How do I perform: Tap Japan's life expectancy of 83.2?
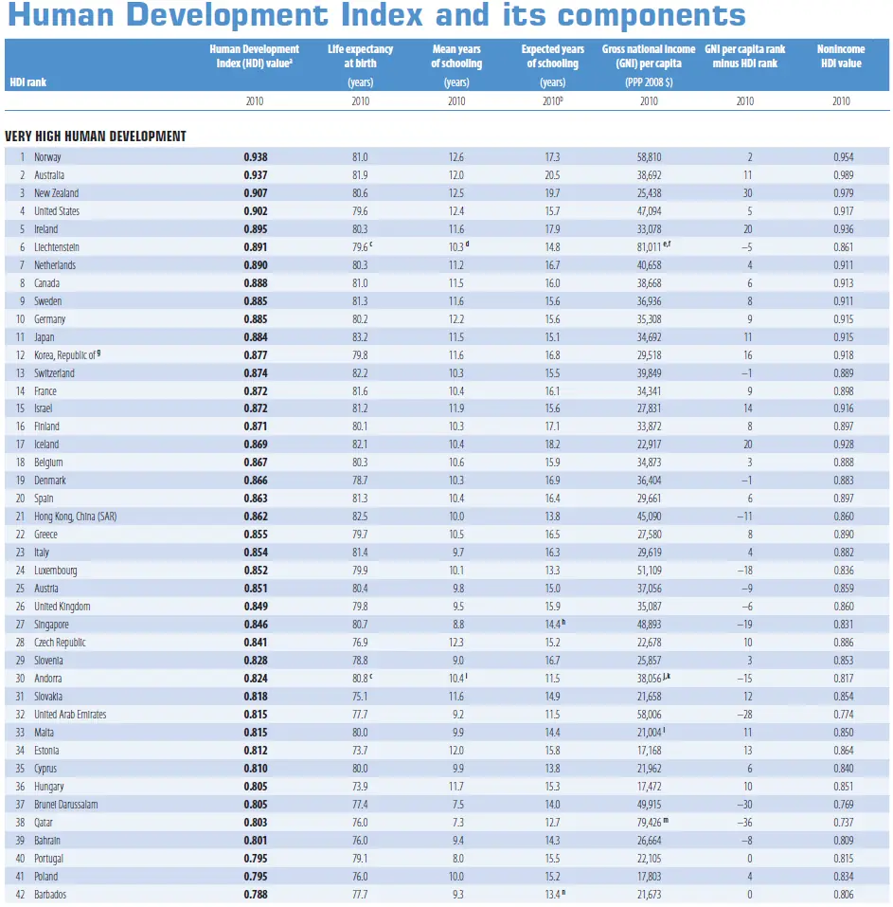[360, 336]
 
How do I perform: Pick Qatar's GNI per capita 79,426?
[647, 822]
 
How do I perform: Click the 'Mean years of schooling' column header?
[456, 56]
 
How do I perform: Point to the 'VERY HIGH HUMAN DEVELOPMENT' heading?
[96, 136]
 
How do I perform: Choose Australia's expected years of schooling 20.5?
[552, 174]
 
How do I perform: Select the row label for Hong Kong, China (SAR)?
[76, 517]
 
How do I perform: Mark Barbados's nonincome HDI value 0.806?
[840, 894]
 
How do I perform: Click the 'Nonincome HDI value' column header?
[840, 56]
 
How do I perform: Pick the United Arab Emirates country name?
[70, 715]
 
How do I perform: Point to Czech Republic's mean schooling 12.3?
[455, 643]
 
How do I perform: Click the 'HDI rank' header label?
[28, 82]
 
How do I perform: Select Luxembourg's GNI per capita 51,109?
[649, 571]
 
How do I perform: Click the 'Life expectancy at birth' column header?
[361, 56]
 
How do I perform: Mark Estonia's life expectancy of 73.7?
[360, 751]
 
